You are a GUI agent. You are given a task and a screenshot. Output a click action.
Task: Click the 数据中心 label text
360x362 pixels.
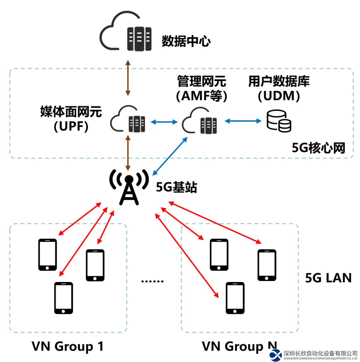[x=186, y=41]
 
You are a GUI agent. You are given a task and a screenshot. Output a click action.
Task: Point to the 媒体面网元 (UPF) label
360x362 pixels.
[x=71, y=119]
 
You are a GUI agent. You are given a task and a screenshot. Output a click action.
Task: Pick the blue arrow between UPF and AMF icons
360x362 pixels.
[x=164, y=122]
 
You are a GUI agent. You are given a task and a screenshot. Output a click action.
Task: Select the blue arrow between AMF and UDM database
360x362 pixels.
[x=243, y=121]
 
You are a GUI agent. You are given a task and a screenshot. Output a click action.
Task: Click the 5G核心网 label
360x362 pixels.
[x=318, y=148]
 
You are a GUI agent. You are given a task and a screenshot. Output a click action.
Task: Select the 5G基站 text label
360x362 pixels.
[x=177, y=188]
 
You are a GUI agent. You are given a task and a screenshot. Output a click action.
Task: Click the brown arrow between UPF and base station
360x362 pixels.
[x=127, y=152]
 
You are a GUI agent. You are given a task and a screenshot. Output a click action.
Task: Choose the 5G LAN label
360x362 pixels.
[x=328, y=278]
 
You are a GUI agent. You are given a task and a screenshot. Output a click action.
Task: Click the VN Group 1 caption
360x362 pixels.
[x=68, y=347]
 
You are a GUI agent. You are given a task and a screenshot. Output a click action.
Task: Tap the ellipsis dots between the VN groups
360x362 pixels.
[x=152, y=281]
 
